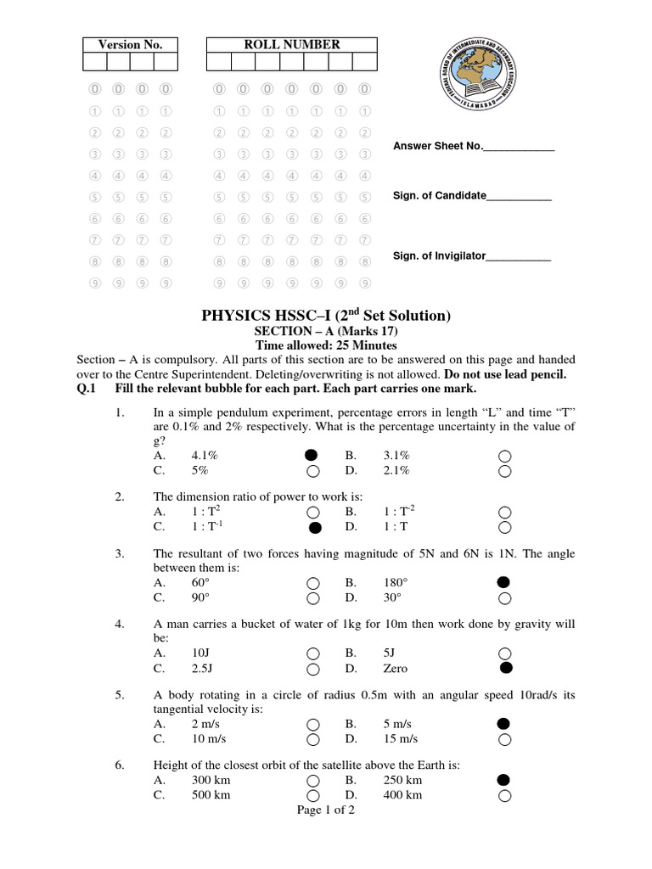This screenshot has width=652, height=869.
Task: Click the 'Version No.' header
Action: pyautogui.click(x=130, y=45)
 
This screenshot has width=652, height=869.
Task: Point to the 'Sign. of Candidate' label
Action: pyautogui.click(x=439, y=196)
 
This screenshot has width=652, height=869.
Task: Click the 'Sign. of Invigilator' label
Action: pyautogui.click(x=438, y=255)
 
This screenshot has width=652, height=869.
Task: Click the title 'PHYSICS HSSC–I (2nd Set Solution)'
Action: pyautogui.click(x=326, y=316)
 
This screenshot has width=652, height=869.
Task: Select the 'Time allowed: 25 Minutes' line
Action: pyautogui.click(x=326, y=345)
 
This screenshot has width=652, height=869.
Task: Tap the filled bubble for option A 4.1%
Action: pyautogui.click(x=312, y=455)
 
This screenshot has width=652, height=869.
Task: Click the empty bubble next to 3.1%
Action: pyautogui.click(x=504, y=455)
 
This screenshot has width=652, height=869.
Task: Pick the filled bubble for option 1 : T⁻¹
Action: pyautogui.click(x=315, y=528)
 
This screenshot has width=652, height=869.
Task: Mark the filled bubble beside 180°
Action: pyautogui.click(x=503, y=582)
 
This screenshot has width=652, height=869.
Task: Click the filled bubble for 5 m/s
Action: pyautogui.click(x=503, y=723)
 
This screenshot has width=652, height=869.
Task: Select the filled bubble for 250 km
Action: pyautogui.click(x=503, y=779)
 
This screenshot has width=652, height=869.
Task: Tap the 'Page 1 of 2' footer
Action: pyautogui.click(x=326, y=810)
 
